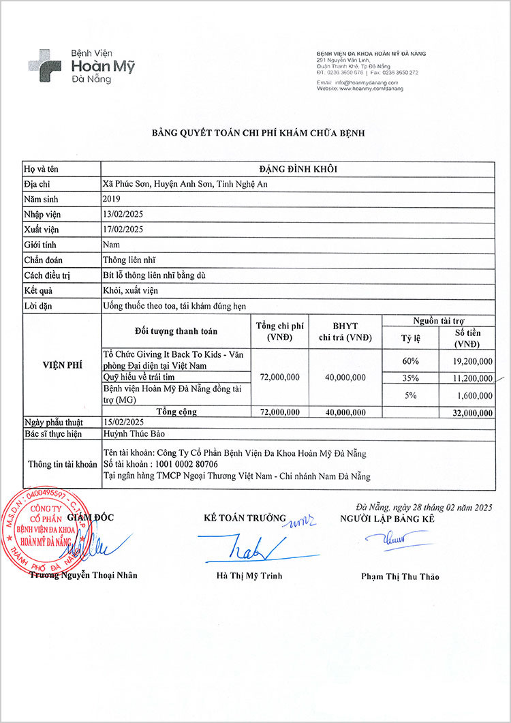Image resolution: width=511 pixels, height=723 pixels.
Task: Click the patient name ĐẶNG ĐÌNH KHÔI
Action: tap(298, 168)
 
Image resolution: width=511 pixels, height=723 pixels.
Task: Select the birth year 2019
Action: tap(111, 199)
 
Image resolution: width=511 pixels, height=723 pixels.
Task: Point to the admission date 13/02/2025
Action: tap(123, 214)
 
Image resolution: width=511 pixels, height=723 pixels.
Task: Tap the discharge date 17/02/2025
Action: tap(123, 229)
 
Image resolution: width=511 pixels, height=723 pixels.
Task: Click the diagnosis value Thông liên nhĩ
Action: tap(130, 260)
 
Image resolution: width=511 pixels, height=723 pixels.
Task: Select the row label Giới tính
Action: tap(40, 245)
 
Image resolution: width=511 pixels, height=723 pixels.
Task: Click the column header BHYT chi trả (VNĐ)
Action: tap(345, 332)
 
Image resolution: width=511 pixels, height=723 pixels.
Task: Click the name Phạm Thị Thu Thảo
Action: tap(400, 576)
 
